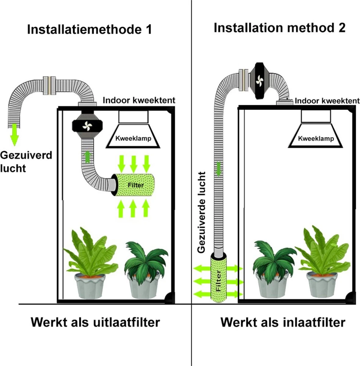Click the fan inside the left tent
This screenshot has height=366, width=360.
87,125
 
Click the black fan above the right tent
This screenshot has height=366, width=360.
260,80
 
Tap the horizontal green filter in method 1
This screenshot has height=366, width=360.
134,185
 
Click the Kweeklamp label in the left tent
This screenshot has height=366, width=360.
133,138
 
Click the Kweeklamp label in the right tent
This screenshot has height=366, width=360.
316,139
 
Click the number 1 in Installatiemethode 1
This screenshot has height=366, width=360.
148,30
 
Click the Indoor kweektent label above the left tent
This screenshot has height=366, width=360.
139,100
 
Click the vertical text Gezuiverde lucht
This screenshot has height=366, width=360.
202,212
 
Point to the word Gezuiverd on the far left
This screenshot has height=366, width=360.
26,155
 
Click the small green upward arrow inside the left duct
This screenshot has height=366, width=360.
88,157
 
